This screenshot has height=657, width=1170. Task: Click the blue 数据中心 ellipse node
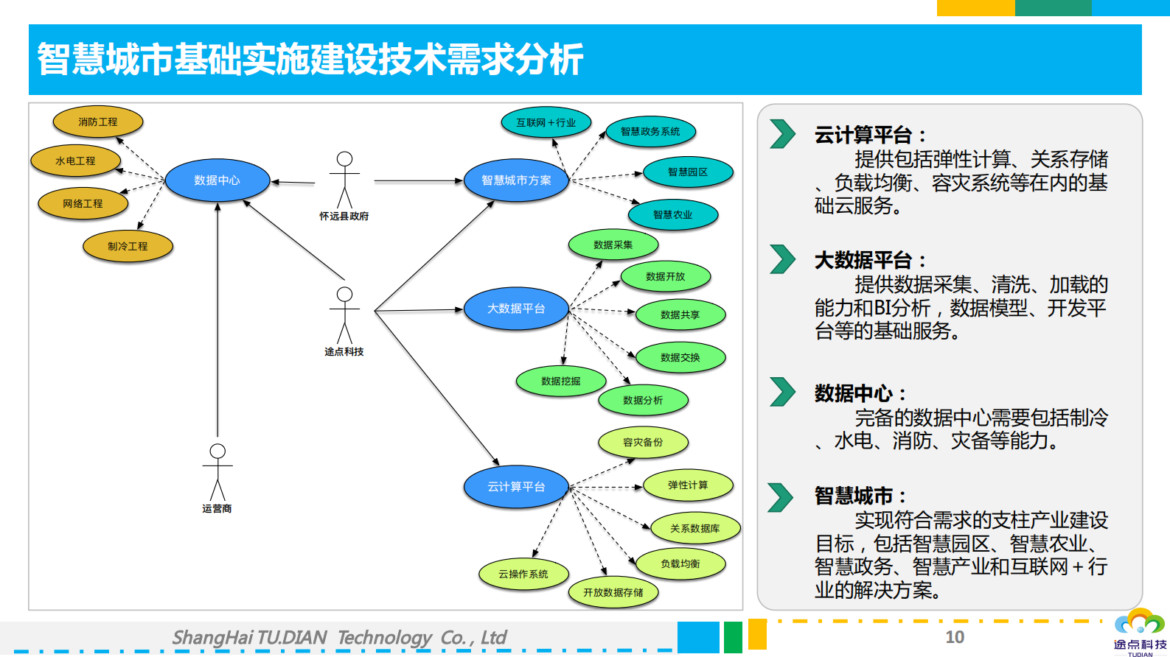click(217, 180)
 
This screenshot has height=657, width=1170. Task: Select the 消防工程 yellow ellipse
click(98, 122)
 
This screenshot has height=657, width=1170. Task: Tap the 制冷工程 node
click(128, 247)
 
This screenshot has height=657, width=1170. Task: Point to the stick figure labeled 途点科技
click(344, 317)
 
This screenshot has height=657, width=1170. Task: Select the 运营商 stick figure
click(217, 473)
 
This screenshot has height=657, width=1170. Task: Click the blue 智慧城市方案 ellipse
click(516, 180)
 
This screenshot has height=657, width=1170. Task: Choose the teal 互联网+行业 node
click(546, 123)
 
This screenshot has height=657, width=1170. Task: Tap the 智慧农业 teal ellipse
click(672, 215)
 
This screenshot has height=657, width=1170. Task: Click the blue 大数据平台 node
click(516, 309)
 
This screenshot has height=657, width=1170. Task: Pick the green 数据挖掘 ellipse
click(560, 382)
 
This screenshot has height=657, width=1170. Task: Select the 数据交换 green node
click(680, 358)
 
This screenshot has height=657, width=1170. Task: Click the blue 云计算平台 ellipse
click(516, 487)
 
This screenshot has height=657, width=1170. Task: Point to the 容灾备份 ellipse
click(642, 443)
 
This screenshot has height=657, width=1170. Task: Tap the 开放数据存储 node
click(613, 593)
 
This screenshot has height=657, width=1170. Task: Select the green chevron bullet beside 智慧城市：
click(780, 497)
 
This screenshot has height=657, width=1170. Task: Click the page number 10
click(955, 637)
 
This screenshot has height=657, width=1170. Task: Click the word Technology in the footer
click(384, 638)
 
